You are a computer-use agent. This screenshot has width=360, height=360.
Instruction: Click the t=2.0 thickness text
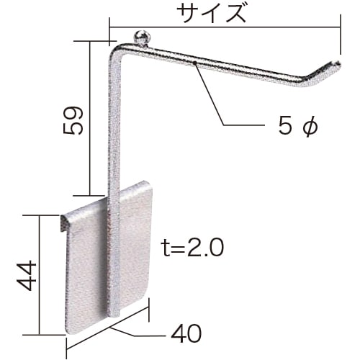tap(192, 248)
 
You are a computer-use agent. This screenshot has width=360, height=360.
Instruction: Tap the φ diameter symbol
tap(308, 127)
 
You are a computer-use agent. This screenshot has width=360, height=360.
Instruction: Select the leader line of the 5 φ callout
tap(213, 101)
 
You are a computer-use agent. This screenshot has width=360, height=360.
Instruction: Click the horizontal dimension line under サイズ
tap(223, 27)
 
